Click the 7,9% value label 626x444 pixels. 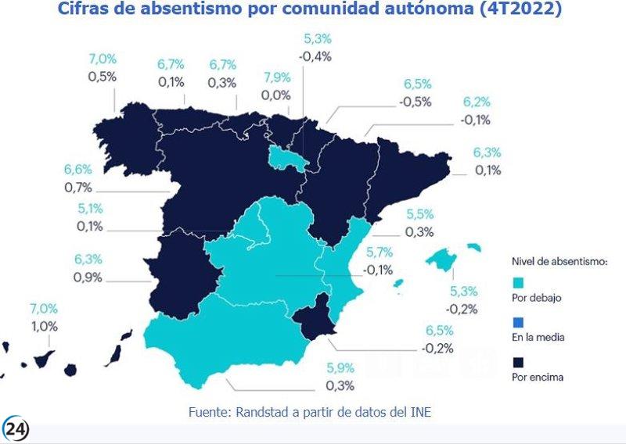pyautogui.click(x=278, y=78)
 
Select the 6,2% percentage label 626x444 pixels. pyautogui.click(x=477, y=102)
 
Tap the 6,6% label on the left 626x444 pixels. pyautogui.click(x=77, y=170)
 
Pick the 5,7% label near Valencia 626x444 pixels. pyautogui.click(x=378, y=252)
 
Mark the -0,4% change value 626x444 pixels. pyautogui.click(x=315, y=55)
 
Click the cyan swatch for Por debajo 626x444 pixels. pyautogui.click(x=516, y=283)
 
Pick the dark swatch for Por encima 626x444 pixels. pyautogui.click(x=516, y=363)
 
